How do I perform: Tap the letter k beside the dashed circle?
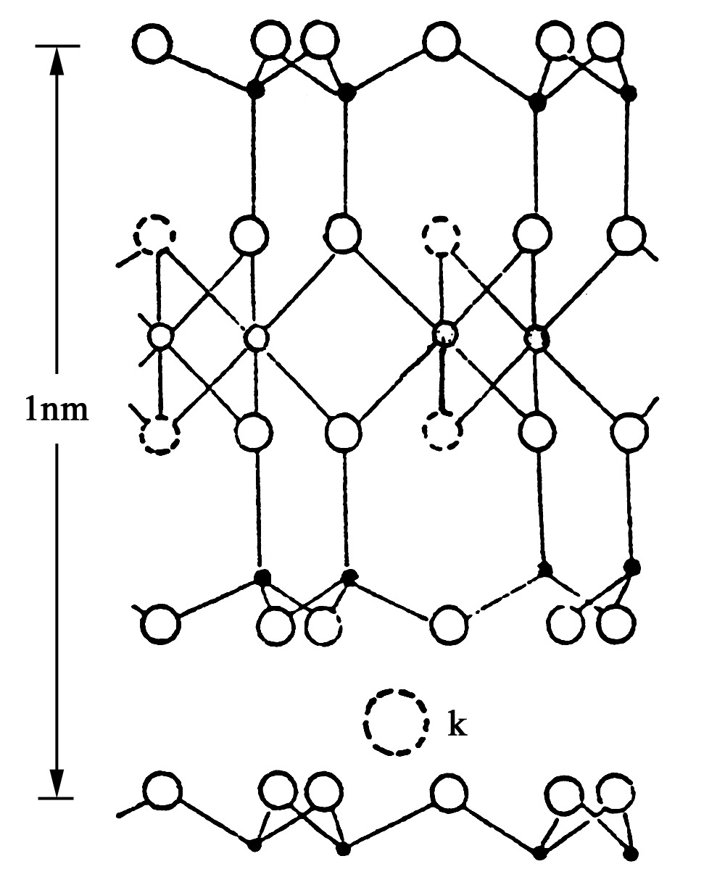point(457,725)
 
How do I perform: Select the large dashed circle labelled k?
point(396,725)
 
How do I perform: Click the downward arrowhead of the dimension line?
point(57,783)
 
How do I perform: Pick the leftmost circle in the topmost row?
point(154,45)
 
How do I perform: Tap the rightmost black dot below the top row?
point(629,94)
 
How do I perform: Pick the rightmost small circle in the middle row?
point(536,337)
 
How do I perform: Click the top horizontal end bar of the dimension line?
point(57,46)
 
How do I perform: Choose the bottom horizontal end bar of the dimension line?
point(57,799)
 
